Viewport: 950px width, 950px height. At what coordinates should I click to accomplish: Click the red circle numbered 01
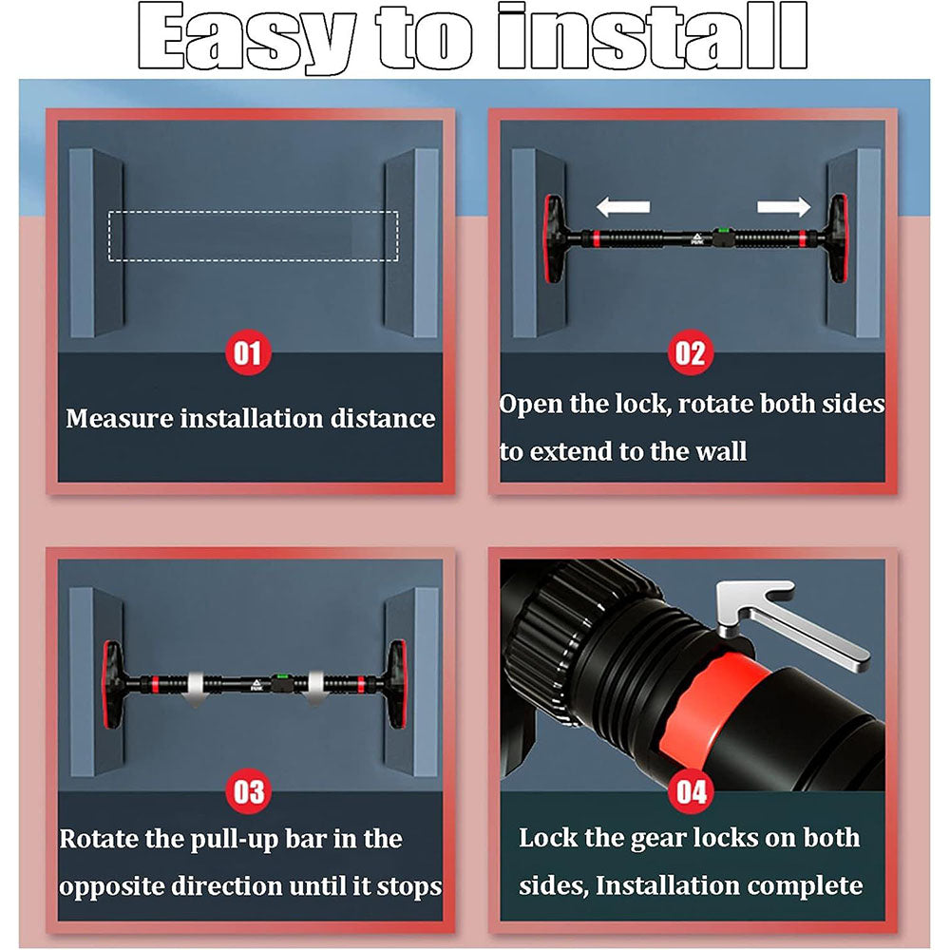[x=248, y=352]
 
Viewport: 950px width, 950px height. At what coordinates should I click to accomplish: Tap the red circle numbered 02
[x=691, y=352]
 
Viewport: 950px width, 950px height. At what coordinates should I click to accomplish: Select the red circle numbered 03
[x=248, y=791]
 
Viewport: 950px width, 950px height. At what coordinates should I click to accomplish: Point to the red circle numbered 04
[x=692, y=791]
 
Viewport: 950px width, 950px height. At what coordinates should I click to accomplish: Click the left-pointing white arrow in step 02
[x=623, y=206]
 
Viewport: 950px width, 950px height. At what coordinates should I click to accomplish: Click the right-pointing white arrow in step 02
[x=784, y=206]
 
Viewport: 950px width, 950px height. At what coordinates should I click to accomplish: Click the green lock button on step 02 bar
[x=721, y=231]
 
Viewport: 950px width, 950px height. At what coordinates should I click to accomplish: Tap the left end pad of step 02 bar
[x=553, y=238]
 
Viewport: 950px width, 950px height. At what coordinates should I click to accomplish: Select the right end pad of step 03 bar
[x=397, y=685]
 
